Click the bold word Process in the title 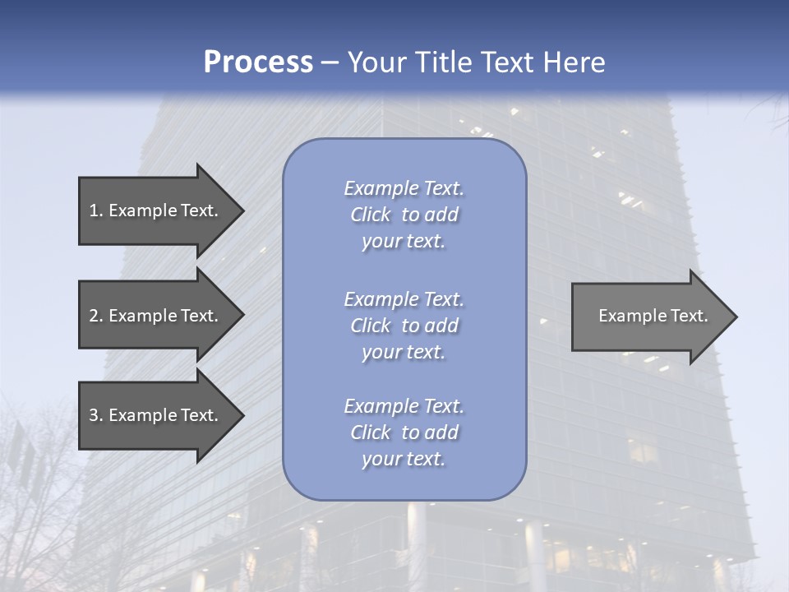click(258, 62)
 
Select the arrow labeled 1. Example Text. click(156, 210)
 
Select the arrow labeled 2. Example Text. click(156, 316)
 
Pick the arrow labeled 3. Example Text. click(156, 415)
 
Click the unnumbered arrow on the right click(649, 316)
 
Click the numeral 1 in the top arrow click(94, 210)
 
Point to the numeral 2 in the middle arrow click(94, 316)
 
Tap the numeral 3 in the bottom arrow click(94, 415)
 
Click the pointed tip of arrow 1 click(242, 210)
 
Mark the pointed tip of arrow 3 click(242, 415)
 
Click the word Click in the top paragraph click(371, 215)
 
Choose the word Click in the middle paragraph click(371, 326)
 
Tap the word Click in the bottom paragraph click(371, 432)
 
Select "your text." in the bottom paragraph click(404, 460)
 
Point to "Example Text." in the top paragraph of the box click(404, 188)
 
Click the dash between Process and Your click(330, 63)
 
